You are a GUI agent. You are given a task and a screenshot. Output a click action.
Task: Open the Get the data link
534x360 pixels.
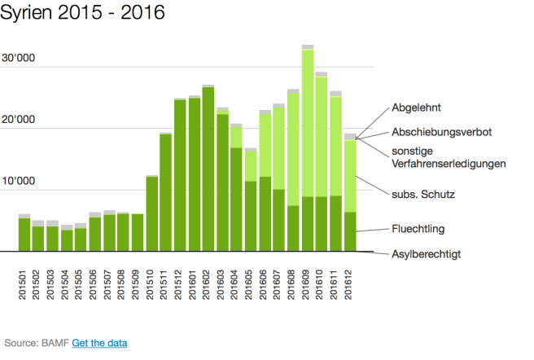click(x=99, y=343)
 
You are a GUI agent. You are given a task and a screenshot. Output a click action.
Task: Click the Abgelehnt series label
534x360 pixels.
click(x=416, y=107)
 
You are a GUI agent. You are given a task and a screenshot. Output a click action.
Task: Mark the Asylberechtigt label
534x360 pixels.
click(x=427, y=254)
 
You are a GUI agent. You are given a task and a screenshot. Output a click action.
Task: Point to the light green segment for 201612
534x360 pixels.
click(x=350, y=175)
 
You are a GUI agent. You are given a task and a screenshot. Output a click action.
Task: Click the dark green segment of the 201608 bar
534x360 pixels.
click(x=294, y=228)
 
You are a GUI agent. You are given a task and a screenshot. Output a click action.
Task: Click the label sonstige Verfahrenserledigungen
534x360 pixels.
click(x=449, y=156)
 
